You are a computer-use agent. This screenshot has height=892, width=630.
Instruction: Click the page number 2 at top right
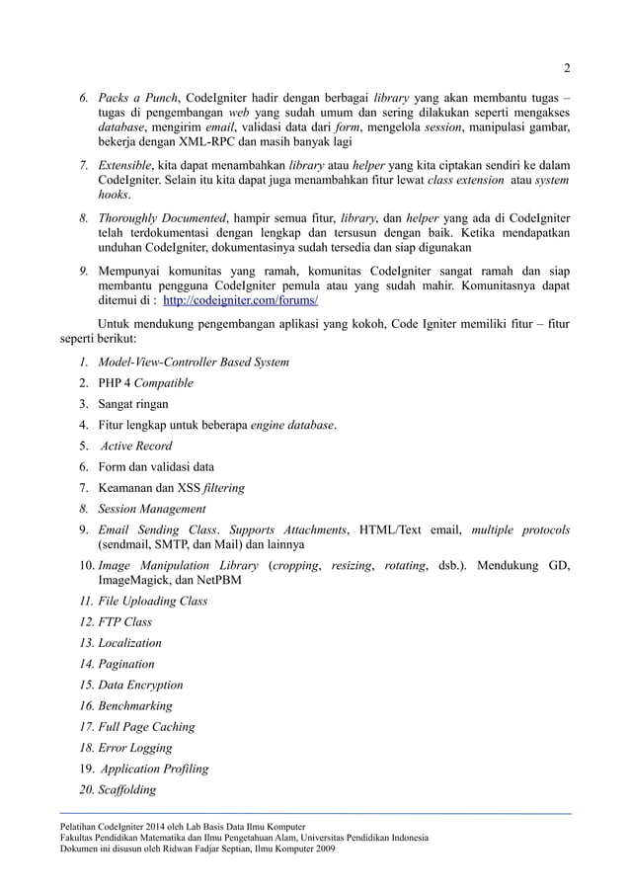pos(567,68)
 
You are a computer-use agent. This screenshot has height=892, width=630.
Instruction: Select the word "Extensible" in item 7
pos(126,163)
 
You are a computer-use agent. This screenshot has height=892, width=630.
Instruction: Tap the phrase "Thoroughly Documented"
pos(160,216)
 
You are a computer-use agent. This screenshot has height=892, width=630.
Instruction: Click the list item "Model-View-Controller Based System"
pos(193,363)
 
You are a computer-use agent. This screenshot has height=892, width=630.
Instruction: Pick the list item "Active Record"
pos(136,446)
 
